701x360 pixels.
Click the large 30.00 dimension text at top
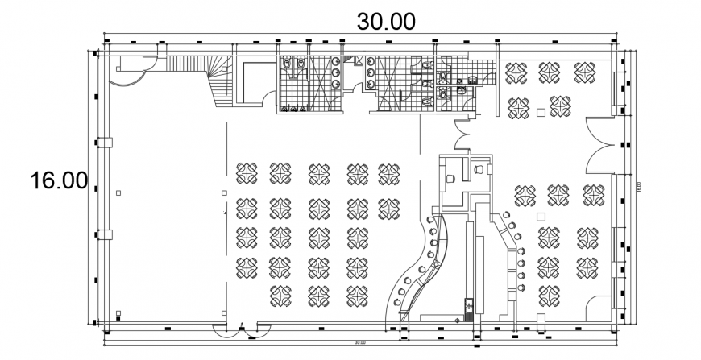[387, 21]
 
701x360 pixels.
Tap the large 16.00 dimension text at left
[58, 180]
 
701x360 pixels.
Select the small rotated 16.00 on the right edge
[637, 188]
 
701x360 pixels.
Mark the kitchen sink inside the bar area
[468, 308]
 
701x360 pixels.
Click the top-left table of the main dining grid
[247, 171]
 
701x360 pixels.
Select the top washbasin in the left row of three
[336, 62]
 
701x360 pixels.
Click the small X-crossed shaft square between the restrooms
[359, 60]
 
